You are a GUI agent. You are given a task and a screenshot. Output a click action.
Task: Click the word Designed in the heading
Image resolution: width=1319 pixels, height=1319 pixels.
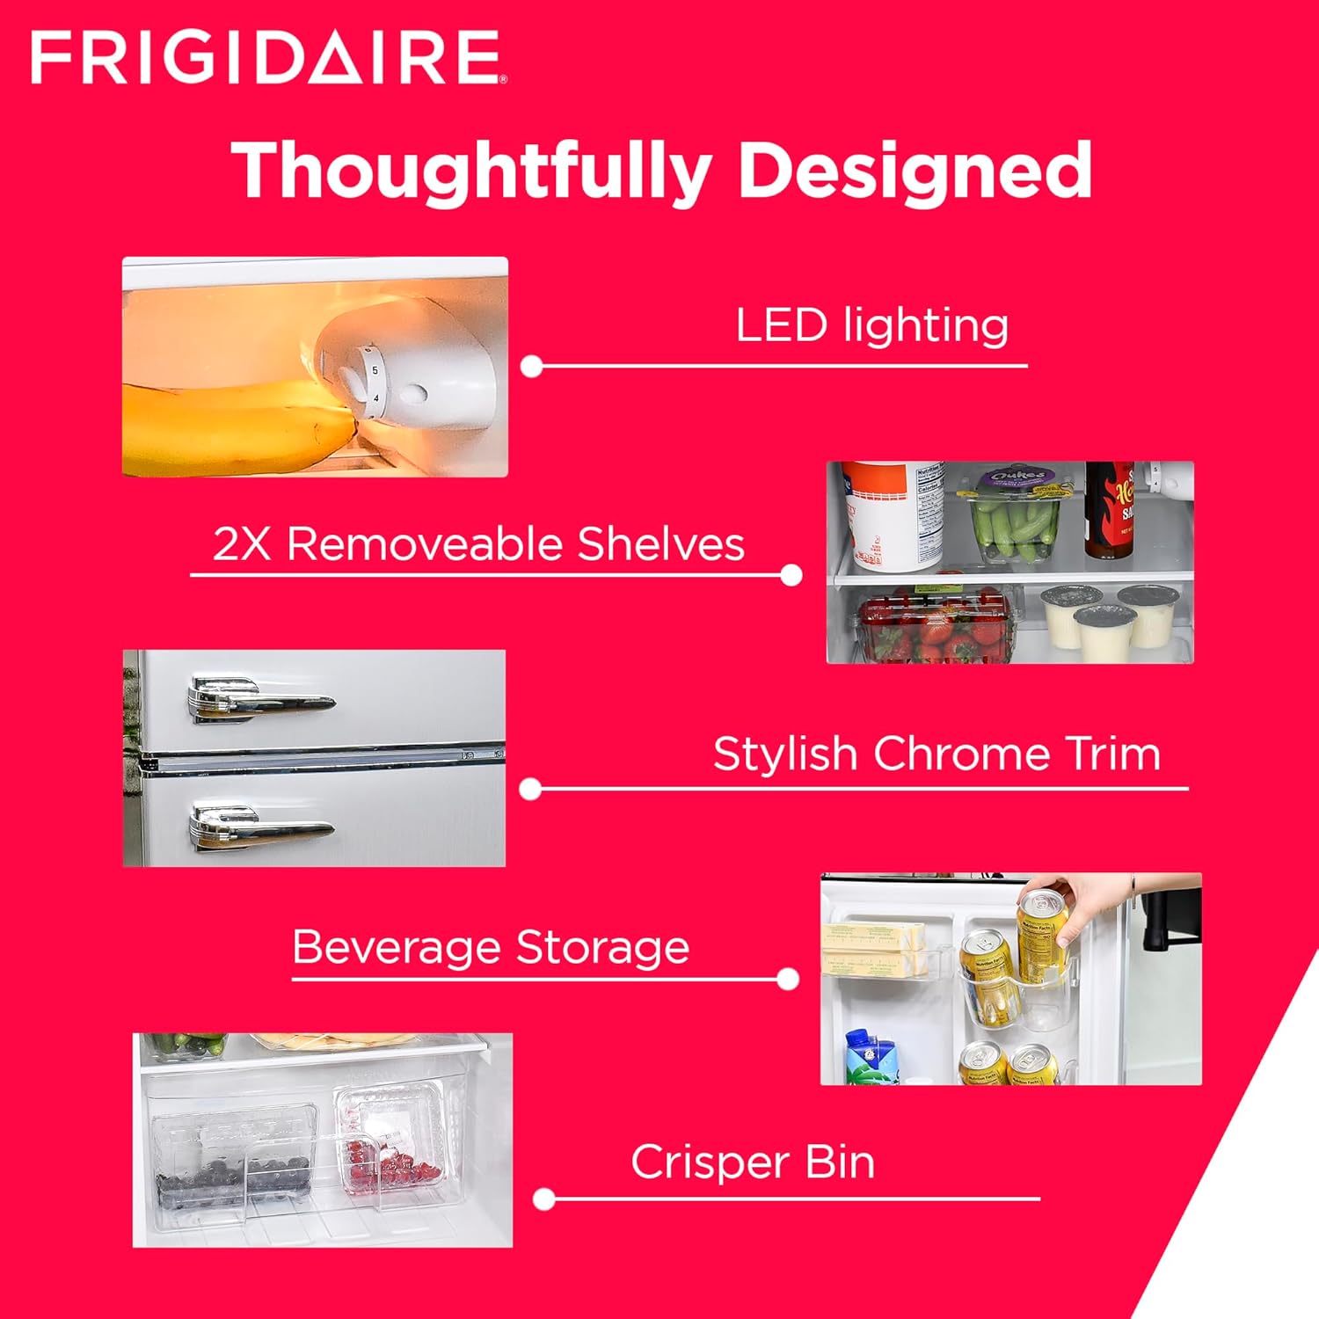pos(915,171)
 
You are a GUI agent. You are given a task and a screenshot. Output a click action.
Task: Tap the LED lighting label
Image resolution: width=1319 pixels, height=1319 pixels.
pos(871,325)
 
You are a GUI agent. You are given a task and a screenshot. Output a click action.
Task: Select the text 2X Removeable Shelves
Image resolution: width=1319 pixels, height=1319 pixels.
pos(478,544)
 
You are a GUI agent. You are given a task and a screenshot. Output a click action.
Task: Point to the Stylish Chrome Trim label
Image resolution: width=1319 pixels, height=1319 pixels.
pos(936,754)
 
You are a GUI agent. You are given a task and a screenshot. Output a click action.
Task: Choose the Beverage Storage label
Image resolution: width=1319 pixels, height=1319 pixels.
pos(491,948)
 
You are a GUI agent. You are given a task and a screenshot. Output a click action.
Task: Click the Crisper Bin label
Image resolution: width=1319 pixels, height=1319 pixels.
pos(753,1162)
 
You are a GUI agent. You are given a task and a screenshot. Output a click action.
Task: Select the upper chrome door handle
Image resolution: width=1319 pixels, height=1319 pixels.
pos(259,700)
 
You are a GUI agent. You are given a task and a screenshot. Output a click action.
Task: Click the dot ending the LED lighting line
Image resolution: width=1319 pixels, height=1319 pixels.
pos(531,367)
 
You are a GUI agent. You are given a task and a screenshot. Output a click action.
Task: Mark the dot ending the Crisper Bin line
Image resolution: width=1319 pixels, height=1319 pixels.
pos(544,1199)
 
